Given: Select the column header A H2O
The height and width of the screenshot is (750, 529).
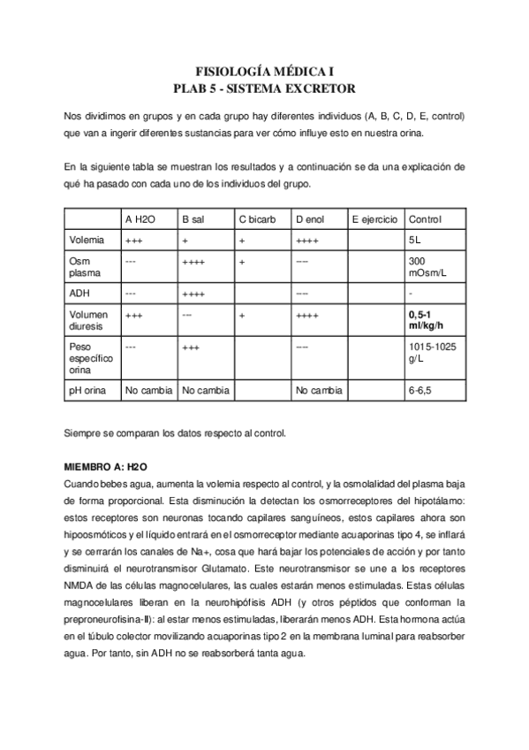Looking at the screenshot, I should [140, 219].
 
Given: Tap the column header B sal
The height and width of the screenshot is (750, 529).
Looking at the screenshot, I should [193, 219].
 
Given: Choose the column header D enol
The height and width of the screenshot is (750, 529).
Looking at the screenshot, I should [311, 219].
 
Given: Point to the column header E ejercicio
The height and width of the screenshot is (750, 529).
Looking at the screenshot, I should [374, 219].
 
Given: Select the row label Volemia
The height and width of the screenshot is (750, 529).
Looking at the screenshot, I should [86, 240].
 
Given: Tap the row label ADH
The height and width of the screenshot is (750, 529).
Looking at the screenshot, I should [79, 293].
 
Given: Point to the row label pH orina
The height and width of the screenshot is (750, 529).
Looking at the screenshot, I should [88, 389].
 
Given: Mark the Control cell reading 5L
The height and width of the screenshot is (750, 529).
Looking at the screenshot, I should [415, 240].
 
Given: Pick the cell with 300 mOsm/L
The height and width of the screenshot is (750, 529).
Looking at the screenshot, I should [427, 266].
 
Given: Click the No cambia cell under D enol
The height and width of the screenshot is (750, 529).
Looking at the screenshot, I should [320, 389].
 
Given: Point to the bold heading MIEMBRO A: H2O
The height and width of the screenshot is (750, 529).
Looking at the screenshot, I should [105, 464].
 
